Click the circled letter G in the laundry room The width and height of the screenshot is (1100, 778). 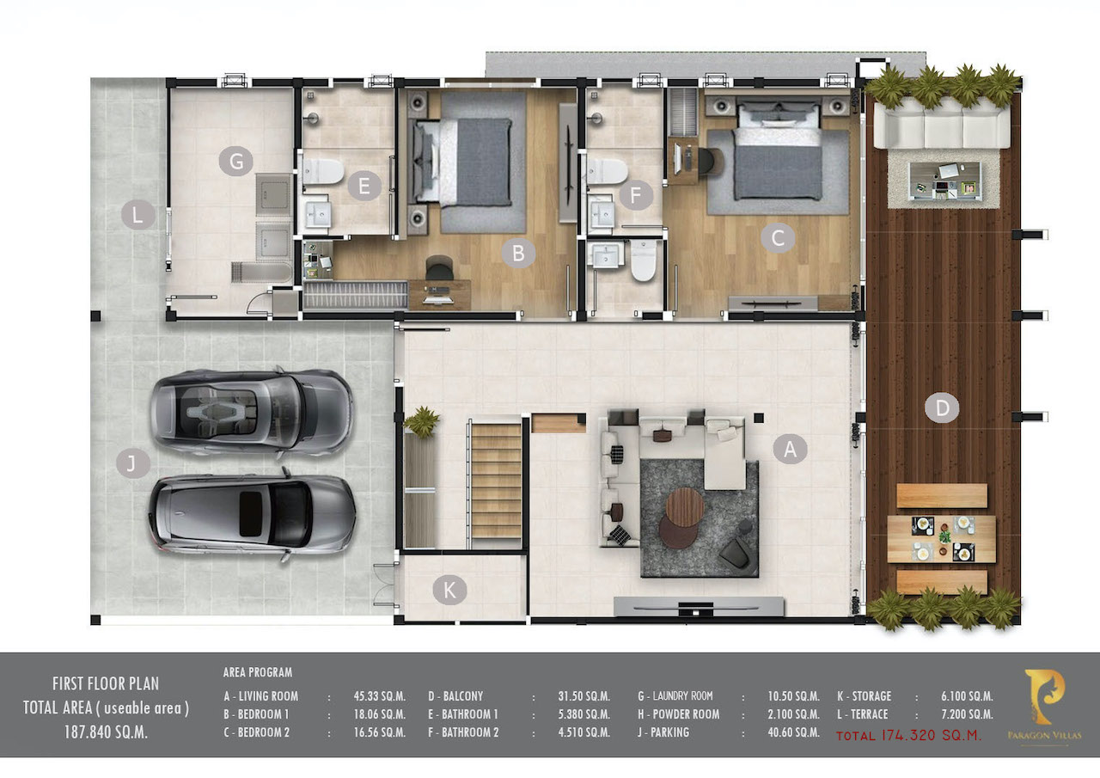(x=235, y=161)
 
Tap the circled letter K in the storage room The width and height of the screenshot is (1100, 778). (x=449, y=590)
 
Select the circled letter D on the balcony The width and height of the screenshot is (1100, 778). (x=941, y=408)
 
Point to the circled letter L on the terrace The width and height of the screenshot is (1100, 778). (x=138, y=215)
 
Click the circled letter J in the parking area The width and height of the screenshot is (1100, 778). (x=133, y=463)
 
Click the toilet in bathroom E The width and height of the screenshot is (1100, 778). (x=322, y=171)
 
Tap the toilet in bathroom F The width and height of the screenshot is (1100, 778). (x=607, y=171)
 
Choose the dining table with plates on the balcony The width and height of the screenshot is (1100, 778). (x=941, y=539)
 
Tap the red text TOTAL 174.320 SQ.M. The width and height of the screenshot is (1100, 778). (x=908, y=735)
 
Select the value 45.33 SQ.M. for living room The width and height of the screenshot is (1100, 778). (x=380, y=696)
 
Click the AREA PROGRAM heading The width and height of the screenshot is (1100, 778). (x=257, y=672)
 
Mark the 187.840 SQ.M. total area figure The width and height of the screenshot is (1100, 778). (x=106, y=732)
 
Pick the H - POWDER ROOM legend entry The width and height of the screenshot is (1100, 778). (x=679, y=714)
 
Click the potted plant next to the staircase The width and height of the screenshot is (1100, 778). (x=421, y=421)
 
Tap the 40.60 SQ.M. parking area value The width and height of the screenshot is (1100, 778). (x=793, y=732)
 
